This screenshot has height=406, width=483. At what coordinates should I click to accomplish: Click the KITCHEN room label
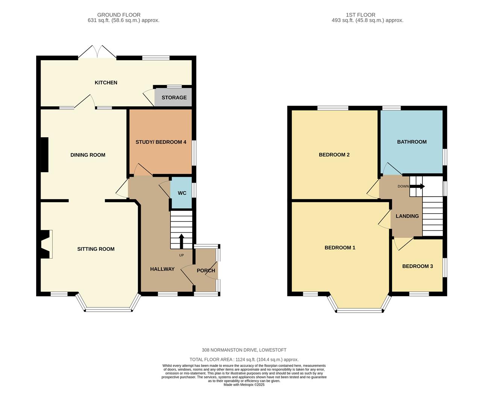tap(106, 83)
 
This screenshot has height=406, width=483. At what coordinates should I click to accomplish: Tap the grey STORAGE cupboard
tap(173, 97)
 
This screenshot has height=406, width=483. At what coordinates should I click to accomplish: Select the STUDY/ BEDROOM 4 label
tap(161, 142)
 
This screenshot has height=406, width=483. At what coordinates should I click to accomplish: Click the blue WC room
tap(181, 193)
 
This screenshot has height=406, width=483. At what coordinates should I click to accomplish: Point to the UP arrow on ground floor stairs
tap(181, 241)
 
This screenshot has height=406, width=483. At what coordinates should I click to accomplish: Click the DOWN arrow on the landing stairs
tap(417, 186)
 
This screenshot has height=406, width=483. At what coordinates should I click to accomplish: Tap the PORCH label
tap(206, 271)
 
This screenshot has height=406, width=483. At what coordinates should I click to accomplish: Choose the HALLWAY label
tap(162, 269)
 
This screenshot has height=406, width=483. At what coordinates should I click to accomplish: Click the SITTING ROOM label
tap(96, 249)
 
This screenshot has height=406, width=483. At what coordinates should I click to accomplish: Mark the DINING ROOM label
tap(88, 155)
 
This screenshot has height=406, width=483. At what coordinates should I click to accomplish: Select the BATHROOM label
tap(412, 142)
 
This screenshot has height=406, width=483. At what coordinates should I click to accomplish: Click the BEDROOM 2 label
tap(334, 155)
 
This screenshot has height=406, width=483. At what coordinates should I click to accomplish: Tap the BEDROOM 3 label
tap(418, 266)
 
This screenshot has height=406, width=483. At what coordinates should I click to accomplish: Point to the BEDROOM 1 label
tap(340, 248)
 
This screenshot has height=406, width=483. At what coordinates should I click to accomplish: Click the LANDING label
tap(407, 216)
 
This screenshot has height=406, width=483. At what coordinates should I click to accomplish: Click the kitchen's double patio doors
tap(97, 52)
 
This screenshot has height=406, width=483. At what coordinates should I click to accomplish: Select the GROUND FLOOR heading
tap(118, 15)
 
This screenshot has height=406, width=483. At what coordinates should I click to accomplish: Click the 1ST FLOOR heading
tap(360, 15)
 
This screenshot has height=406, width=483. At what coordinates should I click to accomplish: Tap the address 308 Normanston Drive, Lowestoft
tap(244, 350)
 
